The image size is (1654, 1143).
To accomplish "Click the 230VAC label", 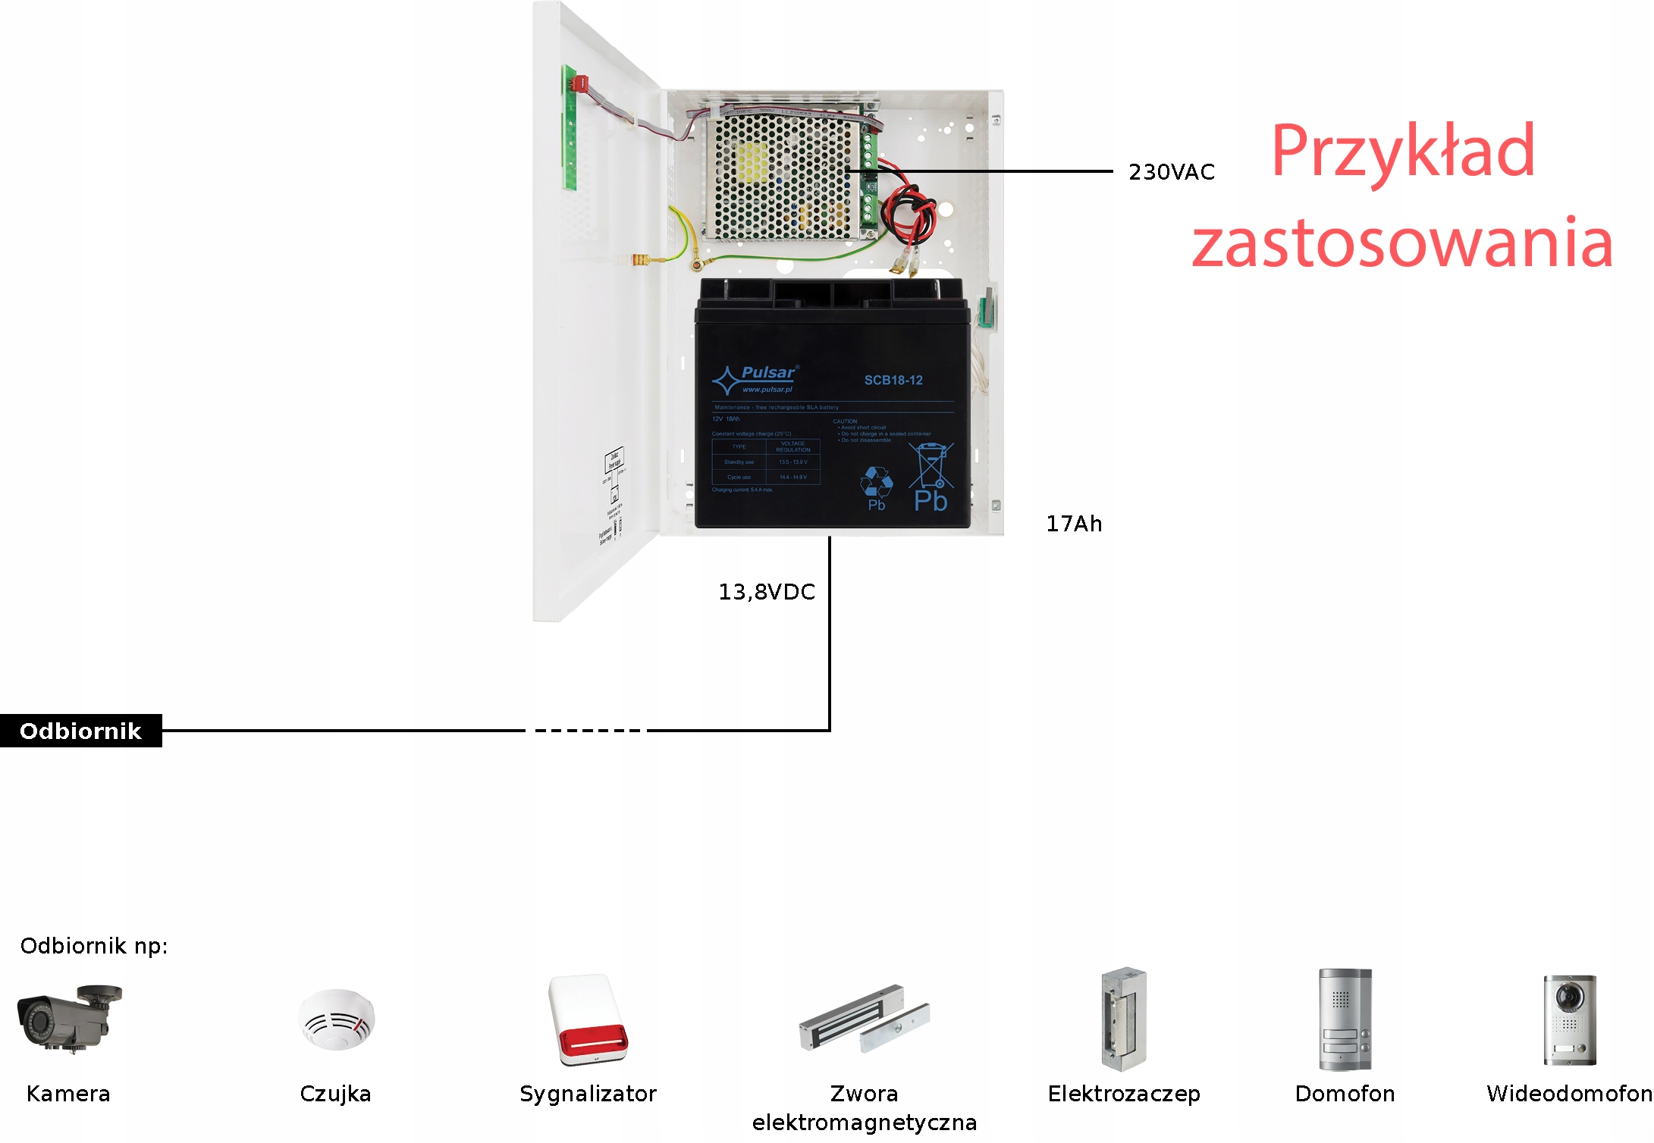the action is pyautogui.click(x=1171, y=172).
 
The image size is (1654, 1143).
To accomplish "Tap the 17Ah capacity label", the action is pyautogui.click(x=1074, y=524).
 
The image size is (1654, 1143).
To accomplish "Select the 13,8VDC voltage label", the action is pyautogui.click(x=766, y=592).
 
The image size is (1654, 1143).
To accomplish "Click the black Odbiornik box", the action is pyautogui.click(x=80, y=731).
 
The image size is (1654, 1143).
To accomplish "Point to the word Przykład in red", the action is pyautogui.click(x=1403, y=152).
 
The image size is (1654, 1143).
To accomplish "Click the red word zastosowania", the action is pyautogui.click(x=1402, y=243).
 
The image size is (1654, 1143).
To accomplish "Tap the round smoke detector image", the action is pyautogui.click(x=336, y=1019).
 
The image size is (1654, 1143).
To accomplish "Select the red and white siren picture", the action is pyautogui.click(x=588, y=1020).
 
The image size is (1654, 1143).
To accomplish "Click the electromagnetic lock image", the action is pyautogui.click(x=864, y=1019).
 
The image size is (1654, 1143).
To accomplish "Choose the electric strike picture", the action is pyautogui.click(x=1124, y=1019).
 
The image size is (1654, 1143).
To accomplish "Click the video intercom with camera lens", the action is pyautogui.click(x=1569, y=1019).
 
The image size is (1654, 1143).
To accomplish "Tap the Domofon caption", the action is pyautogui.click(x=1345, y=1094).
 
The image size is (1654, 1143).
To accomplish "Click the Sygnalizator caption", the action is pyautogui.click(x=588, y=1094).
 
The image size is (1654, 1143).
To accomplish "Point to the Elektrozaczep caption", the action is pyautogui.click(x=1124, y=1094).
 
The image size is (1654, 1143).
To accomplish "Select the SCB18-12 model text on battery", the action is pyautogui.click(x=893, y=380).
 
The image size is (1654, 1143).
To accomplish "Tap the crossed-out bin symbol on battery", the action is pyautogui.click(x=931, y=465).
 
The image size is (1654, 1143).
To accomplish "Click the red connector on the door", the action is pyautogui.click(x=580, y=83).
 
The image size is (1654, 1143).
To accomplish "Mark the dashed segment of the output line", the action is pyautogui.click(x=588, y=731).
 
